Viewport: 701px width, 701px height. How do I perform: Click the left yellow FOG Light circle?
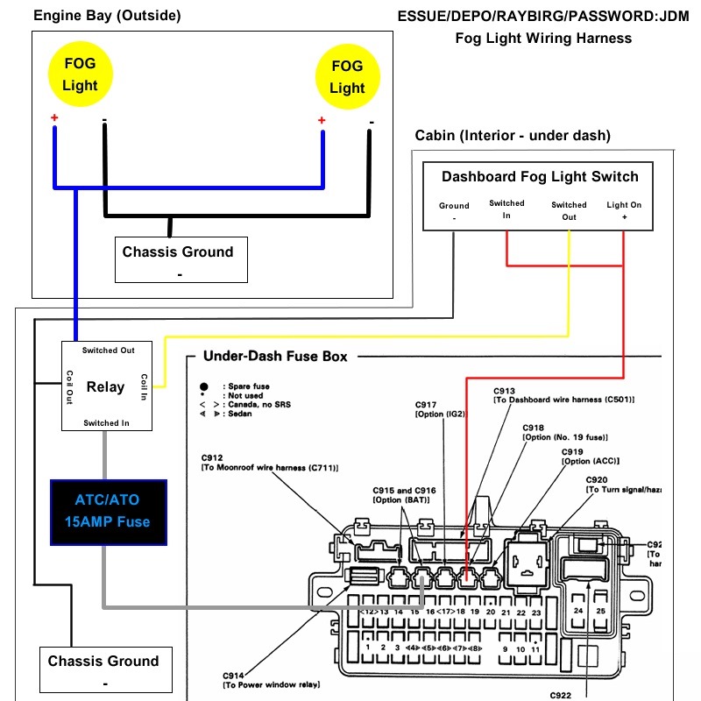pos(80,74)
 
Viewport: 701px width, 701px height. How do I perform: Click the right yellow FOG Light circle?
pos(347,76)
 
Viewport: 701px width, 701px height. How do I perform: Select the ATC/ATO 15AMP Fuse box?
pos(108,512)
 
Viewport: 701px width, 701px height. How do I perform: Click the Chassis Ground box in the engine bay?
pos(178,258)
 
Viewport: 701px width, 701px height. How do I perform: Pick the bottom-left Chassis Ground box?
pos(103,669)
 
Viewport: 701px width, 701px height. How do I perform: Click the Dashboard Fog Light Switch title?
pos(540,176)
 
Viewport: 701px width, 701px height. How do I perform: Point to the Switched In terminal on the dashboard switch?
pos(506,209)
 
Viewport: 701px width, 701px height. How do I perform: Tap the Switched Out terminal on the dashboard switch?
pos(570,211)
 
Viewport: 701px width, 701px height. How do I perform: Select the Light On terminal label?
pos(624,210)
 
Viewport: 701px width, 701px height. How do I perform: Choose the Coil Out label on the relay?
pos(69,386)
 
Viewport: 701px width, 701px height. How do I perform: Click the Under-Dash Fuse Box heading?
pos(275,357)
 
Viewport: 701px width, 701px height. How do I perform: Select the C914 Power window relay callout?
pos(272,679)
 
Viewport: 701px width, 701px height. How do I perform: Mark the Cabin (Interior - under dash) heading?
pos(513,135)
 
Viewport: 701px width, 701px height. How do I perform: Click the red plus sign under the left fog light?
pos(54,118)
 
